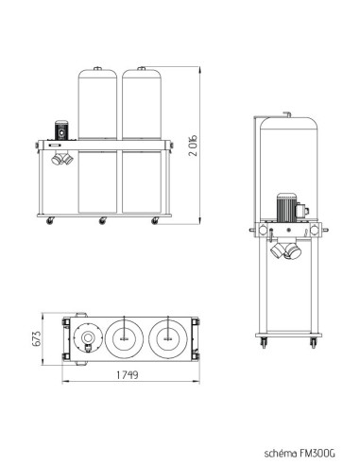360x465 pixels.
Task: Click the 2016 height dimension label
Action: coord(194,146)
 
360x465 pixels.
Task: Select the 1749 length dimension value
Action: coord(128,375)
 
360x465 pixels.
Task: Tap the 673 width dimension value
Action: coord(37,338)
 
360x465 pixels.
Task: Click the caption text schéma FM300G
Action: coord(300,453)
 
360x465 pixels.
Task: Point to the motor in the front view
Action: coord(61,129)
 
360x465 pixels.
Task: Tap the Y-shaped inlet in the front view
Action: coord(62,158)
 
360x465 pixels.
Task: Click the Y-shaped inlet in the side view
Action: coord(285,249)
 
